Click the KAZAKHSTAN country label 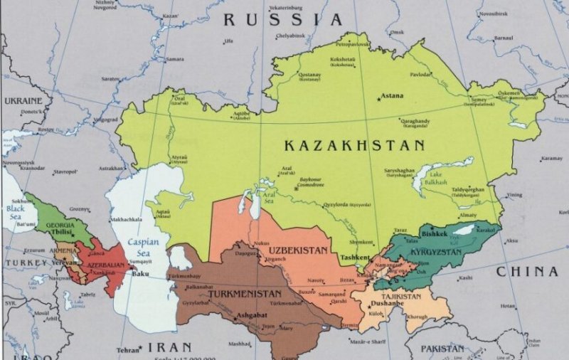[354, 145]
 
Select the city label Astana [392, 95]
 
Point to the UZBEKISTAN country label [298, 250]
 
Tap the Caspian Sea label [142, 247]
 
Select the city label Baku [140, 273]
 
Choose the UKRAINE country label [23, 101]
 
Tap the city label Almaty [467, 214]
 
